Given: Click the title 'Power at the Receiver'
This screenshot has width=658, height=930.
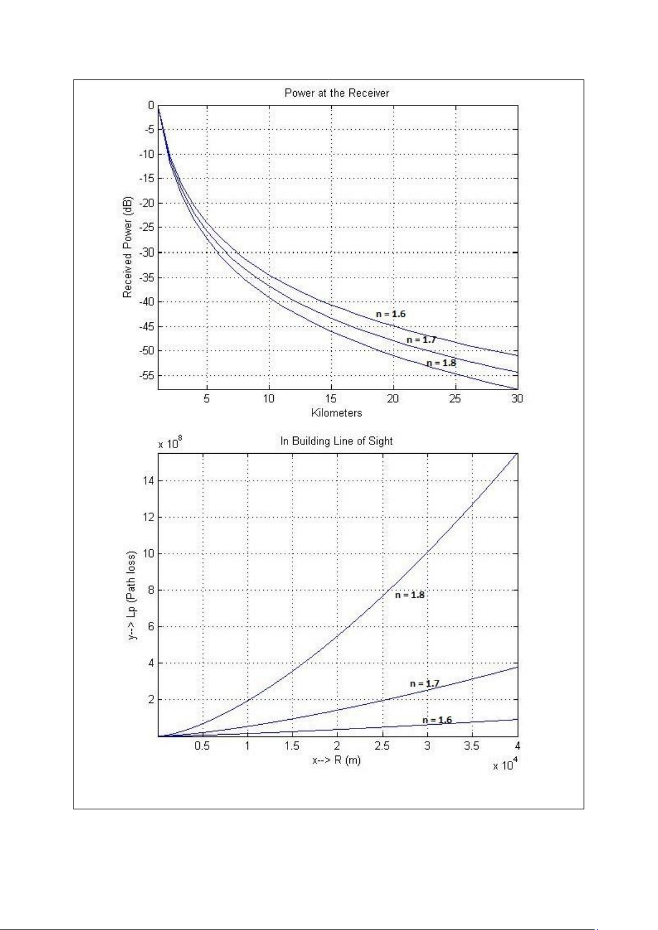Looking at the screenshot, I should pos(337,93).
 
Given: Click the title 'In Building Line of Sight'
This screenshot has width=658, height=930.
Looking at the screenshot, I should pos(337,441).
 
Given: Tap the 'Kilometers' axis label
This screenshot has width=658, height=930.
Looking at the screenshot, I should pos(337,413).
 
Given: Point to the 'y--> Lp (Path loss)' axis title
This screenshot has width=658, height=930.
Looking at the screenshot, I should pos(132,595).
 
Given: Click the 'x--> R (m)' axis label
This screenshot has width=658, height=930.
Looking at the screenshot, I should pos(337,761).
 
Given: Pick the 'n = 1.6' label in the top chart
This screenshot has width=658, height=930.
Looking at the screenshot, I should pos(391,314).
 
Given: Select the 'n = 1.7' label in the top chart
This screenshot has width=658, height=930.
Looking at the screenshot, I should pos(421,340).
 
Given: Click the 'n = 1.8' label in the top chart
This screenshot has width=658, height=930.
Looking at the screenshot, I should pos(441,363).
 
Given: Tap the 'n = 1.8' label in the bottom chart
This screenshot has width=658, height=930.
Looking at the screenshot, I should pos(410,595).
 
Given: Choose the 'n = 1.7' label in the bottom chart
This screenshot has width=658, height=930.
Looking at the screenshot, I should pos(424,684).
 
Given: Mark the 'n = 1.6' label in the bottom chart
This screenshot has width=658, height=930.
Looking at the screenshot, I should pos(437,720).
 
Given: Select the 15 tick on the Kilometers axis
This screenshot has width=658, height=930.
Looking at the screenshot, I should pos(331,398).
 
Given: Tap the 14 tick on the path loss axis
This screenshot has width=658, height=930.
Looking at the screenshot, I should pos(148,481).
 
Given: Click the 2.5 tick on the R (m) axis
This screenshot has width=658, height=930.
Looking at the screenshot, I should pos(382,746).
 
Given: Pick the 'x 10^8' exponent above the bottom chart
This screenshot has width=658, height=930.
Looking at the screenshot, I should pos(170,444).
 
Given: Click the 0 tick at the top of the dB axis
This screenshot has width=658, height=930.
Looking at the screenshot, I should pos(151,105).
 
